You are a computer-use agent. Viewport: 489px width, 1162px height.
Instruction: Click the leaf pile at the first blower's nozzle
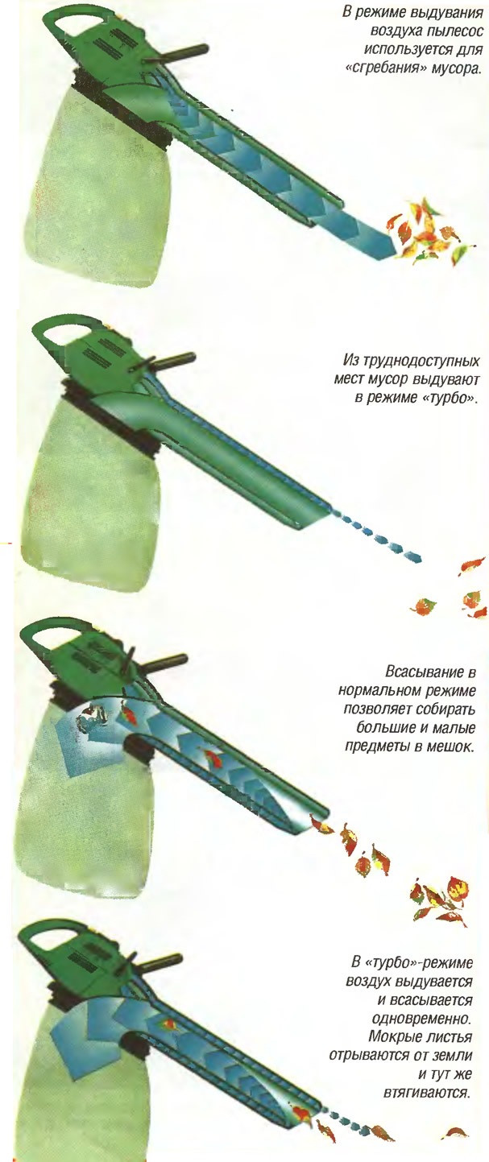click(x=429, y=230)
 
